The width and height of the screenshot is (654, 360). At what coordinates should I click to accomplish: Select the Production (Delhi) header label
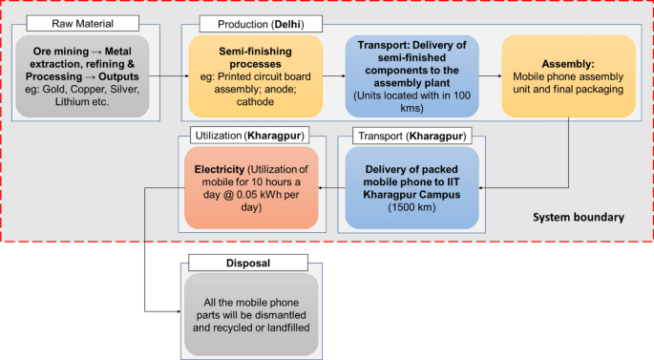point(258,22)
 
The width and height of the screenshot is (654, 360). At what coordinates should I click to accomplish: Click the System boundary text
point(578,218)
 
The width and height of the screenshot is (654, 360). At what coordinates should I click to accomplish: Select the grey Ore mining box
point(83,75)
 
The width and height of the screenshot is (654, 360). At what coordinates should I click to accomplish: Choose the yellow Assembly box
point(568,75)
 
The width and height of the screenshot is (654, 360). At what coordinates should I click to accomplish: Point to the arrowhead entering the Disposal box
point(179,310)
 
